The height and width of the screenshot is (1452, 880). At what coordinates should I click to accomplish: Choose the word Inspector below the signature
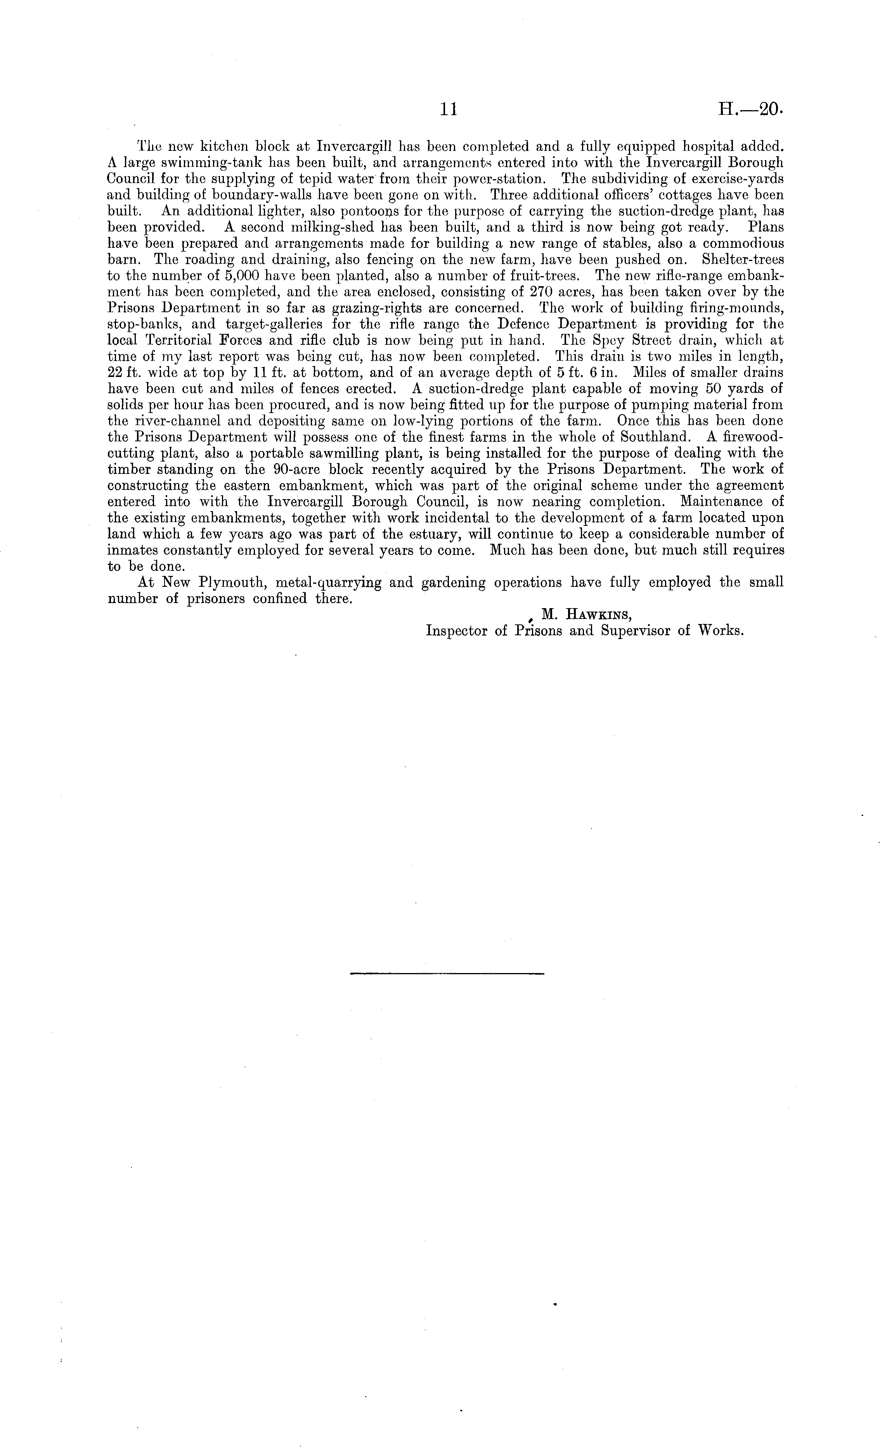click(x=457, y=631)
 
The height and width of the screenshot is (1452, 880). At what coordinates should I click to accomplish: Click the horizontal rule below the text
click(x=447, y=972)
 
